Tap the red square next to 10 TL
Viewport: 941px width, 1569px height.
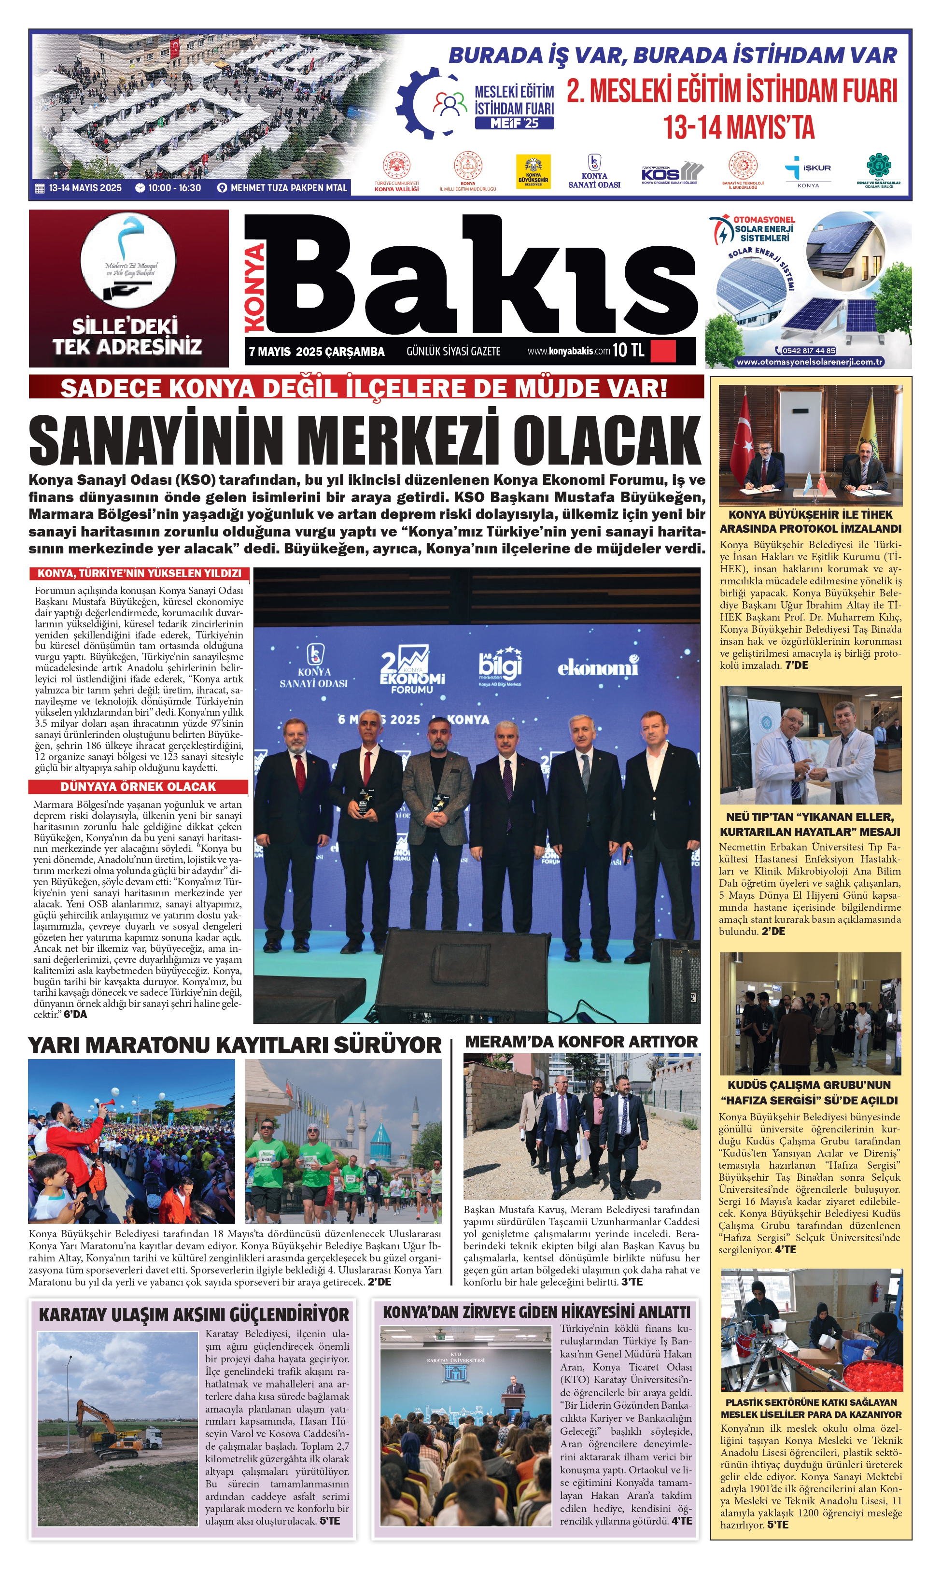point(663,351)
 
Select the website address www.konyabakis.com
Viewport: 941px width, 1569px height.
point(568,351)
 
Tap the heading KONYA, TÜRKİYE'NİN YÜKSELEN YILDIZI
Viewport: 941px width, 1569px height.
point(139,573)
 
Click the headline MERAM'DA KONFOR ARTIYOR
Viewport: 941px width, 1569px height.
point(581,1042)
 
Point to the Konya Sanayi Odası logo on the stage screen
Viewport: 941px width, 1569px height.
point(314,665)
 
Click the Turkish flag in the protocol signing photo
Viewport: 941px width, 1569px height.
point(743,436)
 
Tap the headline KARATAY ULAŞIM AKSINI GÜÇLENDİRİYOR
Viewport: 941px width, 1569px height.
point(194,1315)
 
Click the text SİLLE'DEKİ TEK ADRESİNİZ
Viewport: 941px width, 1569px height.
point(127,337)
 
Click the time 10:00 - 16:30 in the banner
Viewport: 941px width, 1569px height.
point(174,188)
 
